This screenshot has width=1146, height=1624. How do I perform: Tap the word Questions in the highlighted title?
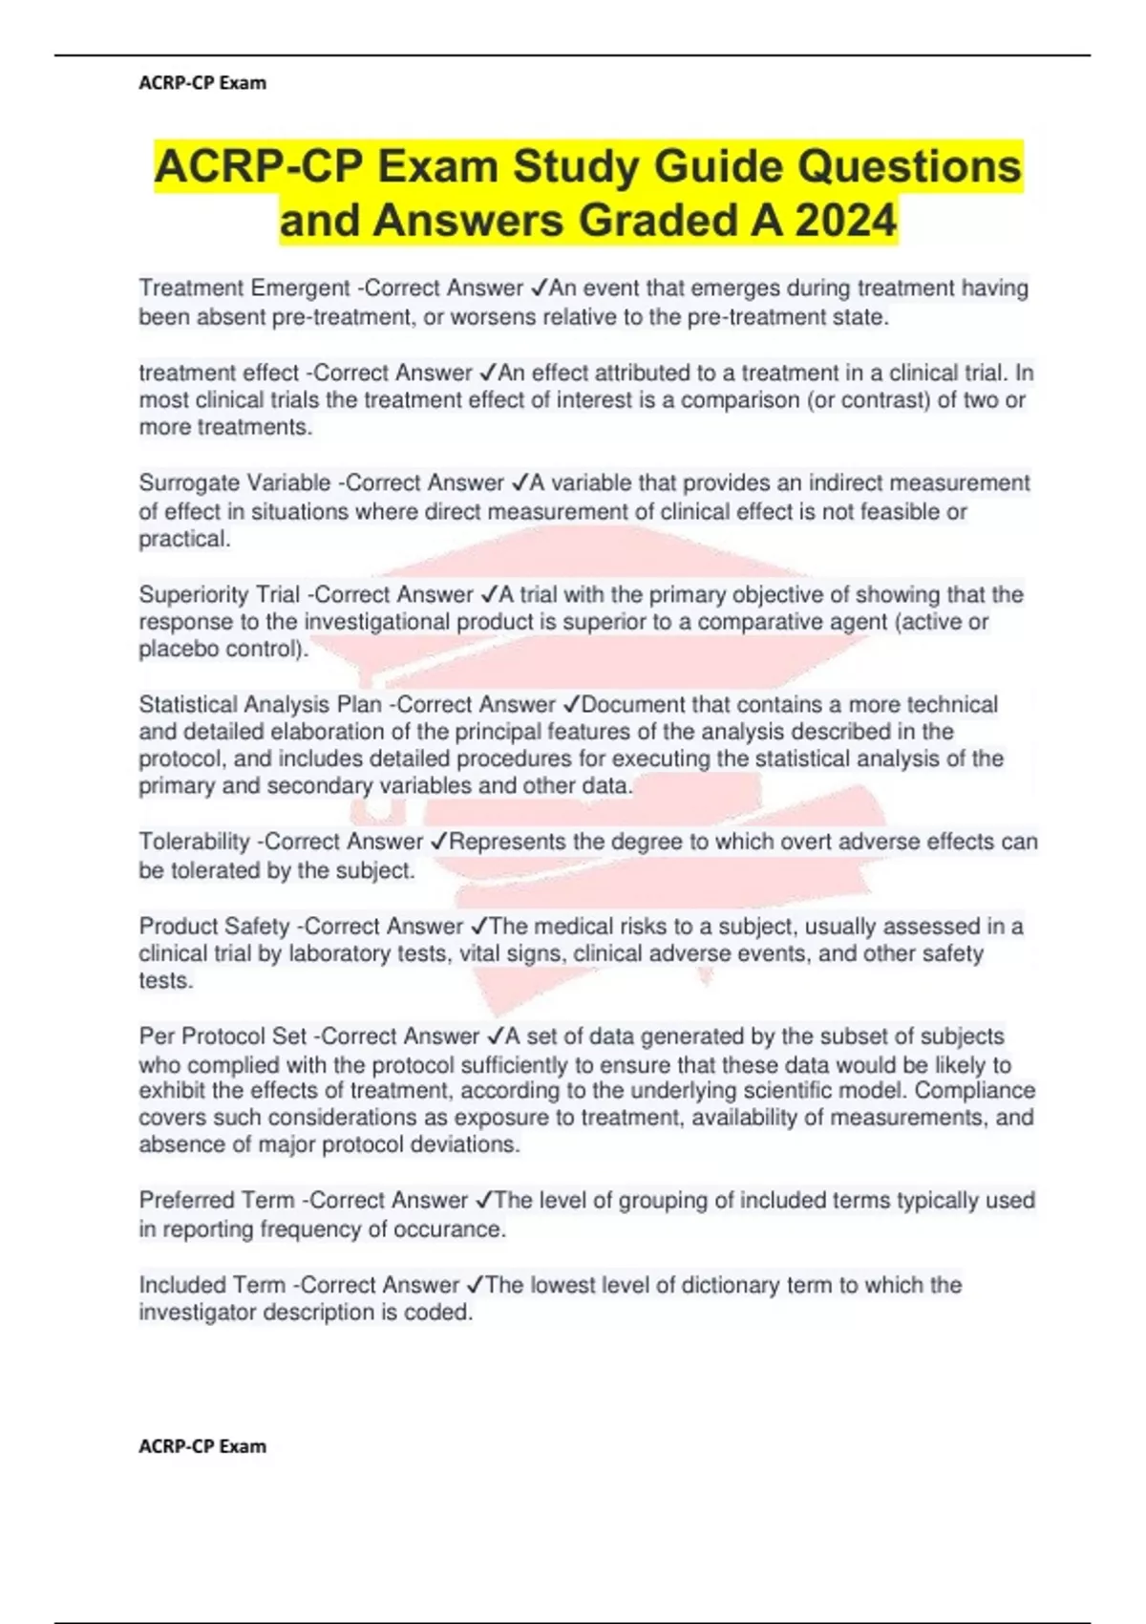[x=909, y=167]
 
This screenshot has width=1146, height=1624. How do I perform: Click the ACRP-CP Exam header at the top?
[x=202, y=83]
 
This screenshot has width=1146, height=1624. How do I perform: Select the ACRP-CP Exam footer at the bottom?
[x=202, y=1446]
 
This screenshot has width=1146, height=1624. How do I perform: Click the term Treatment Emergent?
[x=244, y=288]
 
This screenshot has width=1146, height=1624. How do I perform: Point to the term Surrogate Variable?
[x=235, y=483]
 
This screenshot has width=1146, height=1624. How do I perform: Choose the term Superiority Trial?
[x=220, y=594]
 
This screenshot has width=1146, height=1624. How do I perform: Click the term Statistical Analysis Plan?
[x=261, y=705]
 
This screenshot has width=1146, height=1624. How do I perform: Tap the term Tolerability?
[x=195, y=842]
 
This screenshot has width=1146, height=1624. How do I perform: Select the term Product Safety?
[x=215, y=926]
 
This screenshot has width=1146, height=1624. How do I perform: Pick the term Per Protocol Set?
[x=223, y=1036]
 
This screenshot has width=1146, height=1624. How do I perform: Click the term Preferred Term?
[x=217, y=1201]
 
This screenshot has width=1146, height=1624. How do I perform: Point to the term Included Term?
[x=212, y=1285]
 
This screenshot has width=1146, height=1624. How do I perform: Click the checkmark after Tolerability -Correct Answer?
[x=438, y=842]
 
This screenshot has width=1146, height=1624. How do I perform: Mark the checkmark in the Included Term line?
[x=475, y=1285]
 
